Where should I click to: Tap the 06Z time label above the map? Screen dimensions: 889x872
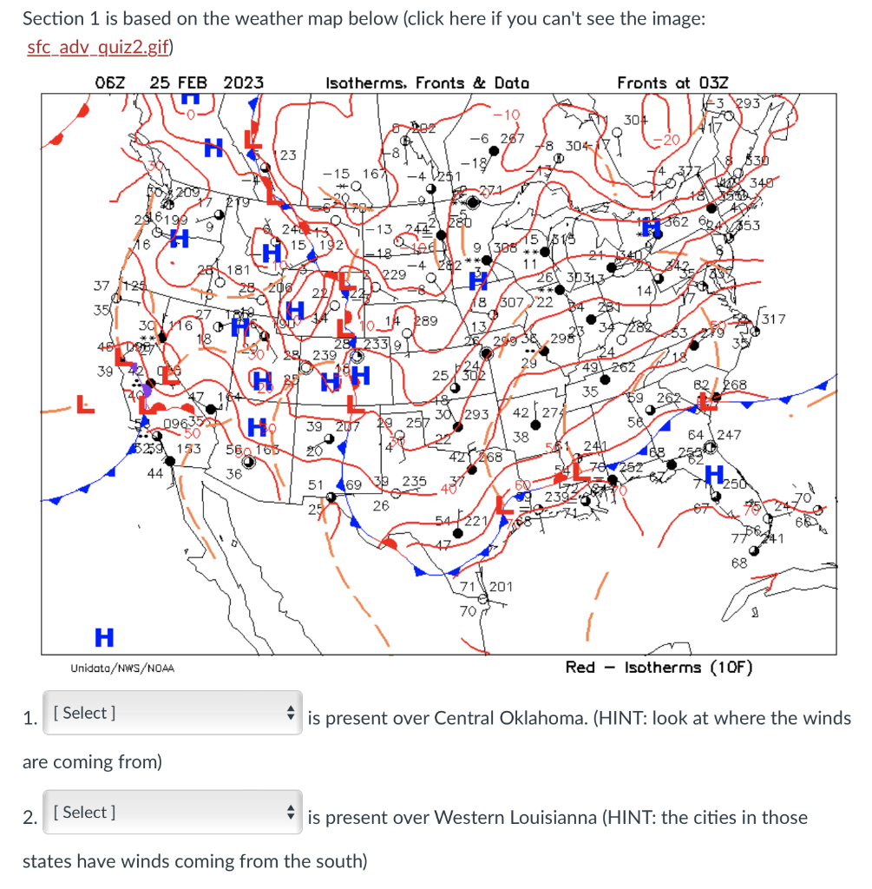pyautogui.click(x=110, y=82)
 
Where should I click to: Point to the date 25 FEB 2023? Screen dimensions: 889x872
pyautogui.click(x=207, y=82)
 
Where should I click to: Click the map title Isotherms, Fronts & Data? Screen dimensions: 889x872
pyautogui.click(x=427, y=82)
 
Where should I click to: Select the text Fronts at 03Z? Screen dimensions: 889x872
pyautogui.click(x=672, y=82)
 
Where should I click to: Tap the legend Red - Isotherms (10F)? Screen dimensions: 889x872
pyautogui.click(x=659, y=667)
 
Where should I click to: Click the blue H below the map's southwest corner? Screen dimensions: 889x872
pyautogui.click(x=103, y=637)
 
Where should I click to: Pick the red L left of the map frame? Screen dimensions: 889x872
pyautogui.click(x=84, y=404)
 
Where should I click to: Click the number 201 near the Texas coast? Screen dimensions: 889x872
pyautogui.click(x=502, y=587)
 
